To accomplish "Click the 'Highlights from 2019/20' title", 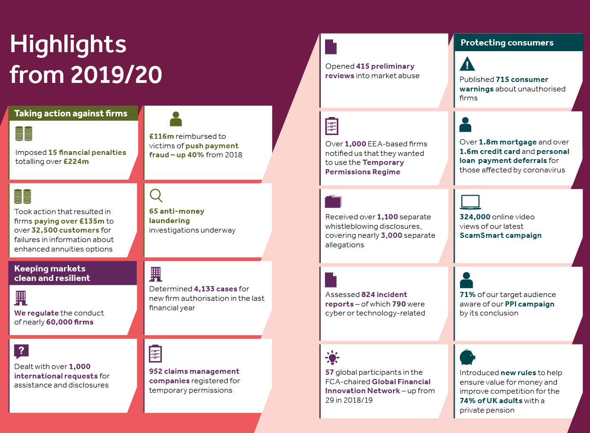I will pyautogui.click(x=86, y=60).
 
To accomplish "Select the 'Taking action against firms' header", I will pyautogui.click(x=71, y=113).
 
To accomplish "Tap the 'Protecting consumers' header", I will pyautogui.click(x=507, y=43).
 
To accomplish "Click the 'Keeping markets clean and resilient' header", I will pyautogui.click(x=52, y=273).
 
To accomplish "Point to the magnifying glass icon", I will pyautogui.click(x=156, y=196).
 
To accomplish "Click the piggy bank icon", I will pyautogui.click(x=467, y=357).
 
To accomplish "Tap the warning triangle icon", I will pyautogui.click(x=467, y=63).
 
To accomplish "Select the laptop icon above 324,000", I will pyautogui.click(x=470, y=202).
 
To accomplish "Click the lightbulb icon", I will pyautogui.click(x=332, y=358).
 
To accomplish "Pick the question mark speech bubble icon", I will pyautogui.click(x=21, y=351).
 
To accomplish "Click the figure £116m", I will pyautogui.click(x=159, y=136).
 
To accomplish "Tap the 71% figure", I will pyautogui.click(x=467, y=295).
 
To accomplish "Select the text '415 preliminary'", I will pyautogui.click(x=385, y=66).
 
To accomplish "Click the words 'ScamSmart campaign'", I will pyautogui.click(x=501, y=235).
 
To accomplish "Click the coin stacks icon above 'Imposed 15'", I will pyautogui.click(x=24, y=134).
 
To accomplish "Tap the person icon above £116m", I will pyautogui.click(x=176, y=119).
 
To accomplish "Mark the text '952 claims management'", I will pyautogui.click(x=194, y=371).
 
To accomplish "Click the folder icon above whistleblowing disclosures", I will pyautogui.click(x=333, y=201).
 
